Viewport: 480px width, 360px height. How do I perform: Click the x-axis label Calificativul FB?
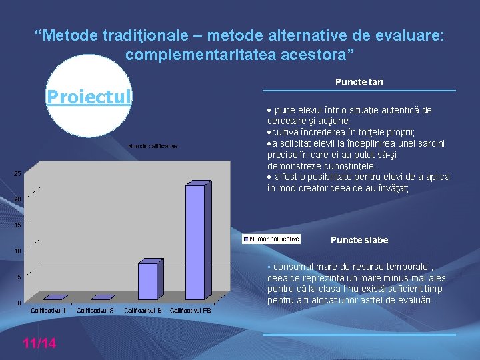(x=191, y=311)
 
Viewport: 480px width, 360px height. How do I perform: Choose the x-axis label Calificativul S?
(x=95, y=311)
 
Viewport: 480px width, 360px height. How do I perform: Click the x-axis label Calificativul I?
(x=48, y=311)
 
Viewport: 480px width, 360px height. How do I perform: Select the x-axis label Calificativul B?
(x=143, y=311)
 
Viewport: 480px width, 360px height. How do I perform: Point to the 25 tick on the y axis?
(x=17, y=174)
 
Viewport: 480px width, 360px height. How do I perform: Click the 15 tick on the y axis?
(x=17, y=225)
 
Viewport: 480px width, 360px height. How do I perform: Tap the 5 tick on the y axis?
(x=19, y=277)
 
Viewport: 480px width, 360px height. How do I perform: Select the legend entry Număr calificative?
(x=271, y=239)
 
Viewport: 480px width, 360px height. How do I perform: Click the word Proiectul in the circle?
(x=89, y=97)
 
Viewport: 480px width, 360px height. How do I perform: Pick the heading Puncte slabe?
(x=359, y=240)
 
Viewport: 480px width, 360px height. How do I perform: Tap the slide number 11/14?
(x=39, y=343)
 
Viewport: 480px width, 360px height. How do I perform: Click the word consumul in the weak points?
(x=290, y=267)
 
